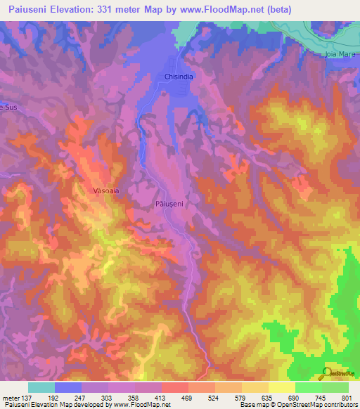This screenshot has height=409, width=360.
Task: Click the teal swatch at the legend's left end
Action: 41,387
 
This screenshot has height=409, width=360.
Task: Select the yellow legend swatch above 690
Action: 281,387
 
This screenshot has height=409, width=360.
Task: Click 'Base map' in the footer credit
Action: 254,404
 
